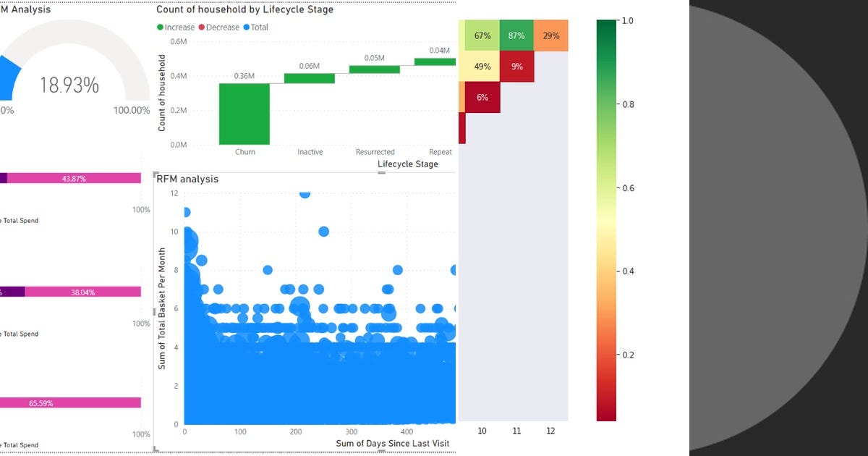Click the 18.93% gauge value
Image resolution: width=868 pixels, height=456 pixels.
(69, 85)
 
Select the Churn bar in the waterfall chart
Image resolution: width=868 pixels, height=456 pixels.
(244, 114)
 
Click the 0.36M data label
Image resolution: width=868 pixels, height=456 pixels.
(244, 76)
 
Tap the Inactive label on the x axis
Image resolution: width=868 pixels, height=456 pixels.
(310, 152)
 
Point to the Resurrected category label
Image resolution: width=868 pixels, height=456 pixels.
(375, 152)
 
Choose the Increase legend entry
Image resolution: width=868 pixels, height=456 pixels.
(176, 28)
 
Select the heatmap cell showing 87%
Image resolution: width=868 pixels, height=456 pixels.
(516, 35)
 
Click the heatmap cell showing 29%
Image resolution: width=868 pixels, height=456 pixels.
(550, 35)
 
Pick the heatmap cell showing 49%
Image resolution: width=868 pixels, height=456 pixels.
(482, 67)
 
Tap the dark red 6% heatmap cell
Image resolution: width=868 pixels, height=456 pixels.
(482, 98)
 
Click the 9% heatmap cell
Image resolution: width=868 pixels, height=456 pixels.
(516, 67)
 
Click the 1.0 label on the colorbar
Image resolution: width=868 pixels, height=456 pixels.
(627, 21)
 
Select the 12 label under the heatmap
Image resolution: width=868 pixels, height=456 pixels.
(550, 431)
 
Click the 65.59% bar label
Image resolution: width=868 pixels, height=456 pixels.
(41, 403)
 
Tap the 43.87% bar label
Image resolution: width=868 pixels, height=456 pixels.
(74, 178)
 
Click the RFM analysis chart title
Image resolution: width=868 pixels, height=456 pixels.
(187, 179)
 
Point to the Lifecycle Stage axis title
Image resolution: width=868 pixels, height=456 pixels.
(407, 164)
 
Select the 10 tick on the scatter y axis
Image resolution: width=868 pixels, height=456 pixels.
(174, 232)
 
